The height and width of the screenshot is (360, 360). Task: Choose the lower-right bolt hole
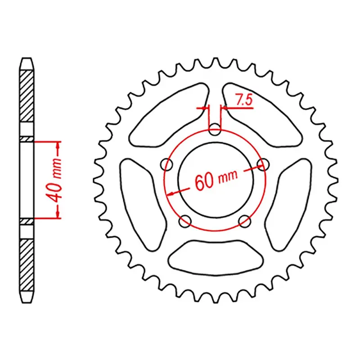point(245,220)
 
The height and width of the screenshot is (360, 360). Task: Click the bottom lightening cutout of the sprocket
point(216,256)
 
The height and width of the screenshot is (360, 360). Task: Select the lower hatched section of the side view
point(27,261)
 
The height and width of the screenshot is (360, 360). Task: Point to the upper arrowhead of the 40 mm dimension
point(57,145)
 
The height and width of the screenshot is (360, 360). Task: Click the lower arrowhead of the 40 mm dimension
point(57,215)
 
